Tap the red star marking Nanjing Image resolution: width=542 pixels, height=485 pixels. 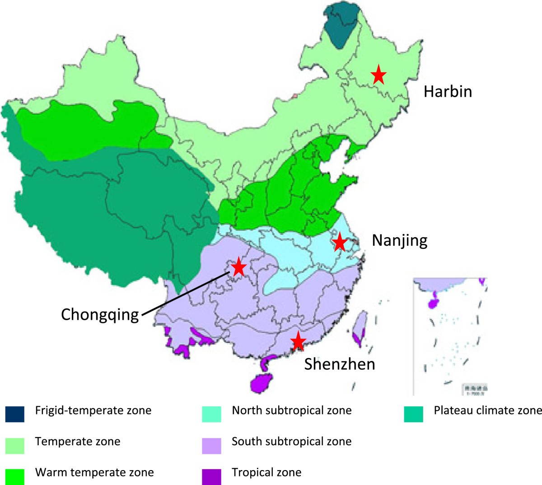tap(339, 243)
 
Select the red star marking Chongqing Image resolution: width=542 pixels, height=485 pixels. tap(238, 268)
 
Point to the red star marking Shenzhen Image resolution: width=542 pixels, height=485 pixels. tap(298, 341)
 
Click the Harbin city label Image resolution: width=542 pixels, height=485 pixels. tap(448, 92)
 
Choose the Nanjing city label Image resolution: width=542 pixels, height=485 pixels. tap(399, 241)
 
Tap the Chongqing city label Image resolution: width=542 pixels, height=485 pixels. tap(100, 314)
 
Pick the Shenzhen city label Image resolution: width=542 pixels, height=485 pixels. tap(339, 364)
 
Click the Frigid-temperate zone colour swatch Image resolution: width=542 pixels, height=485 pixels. tap(15, 414)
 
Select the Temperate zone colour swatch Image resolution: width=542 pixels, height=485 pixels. tap(15, 445)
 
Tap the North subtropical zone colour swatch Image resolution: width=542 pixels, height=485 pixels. tap(212, 414)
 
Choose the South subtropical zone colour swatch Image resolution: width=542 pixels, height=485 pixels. tap(212, 445)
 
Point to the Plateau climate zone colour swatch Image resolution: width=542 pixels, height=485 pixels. tap(414, 414)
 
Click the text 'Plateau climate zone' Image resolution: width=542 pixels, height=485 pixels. tap(487, 410)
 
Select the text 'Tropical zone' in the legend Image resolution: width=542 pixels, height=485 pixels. tap(266, 473)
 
